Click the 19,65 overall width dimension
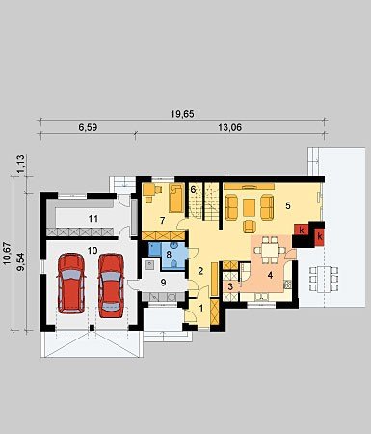pyautogui.click(x=182, y=114)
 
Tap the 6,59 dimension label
pyautogui.click(x=88, y=127)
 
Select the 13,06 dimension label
pyautogui.click(x=230, y=127)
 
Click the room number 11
pyautogui.click(x=93, y=219)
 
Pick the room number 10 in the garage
pyautogui.click(x=93, y=250)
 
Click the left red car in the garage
pyautogui.click(x=71, y=283)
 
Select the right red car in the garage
pyautogui.click(x=111, y=285)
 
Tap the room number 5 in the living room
pyautogui.click(x=288, y=205)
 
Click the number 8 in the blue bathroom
pyautogui.click(x=169, y=254)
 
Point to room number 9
pyautogui.click(x=163, y=283)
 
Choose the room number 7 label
pyautogui.click(x=163, y=220)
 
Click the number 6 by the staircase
pyautogui.click(x=193, y=189)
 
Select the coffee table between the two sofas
pyautogui.click(x=249, y=207)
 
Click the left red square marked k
pyautogui.click(x=302, y=230)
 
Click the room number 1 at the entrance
pyautogui.click(x=201, y=309)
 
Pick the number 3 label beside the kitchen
pyautogui.click(x=230, y=286)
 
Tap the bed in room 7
pyautogui.click(x=175, y=199)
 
